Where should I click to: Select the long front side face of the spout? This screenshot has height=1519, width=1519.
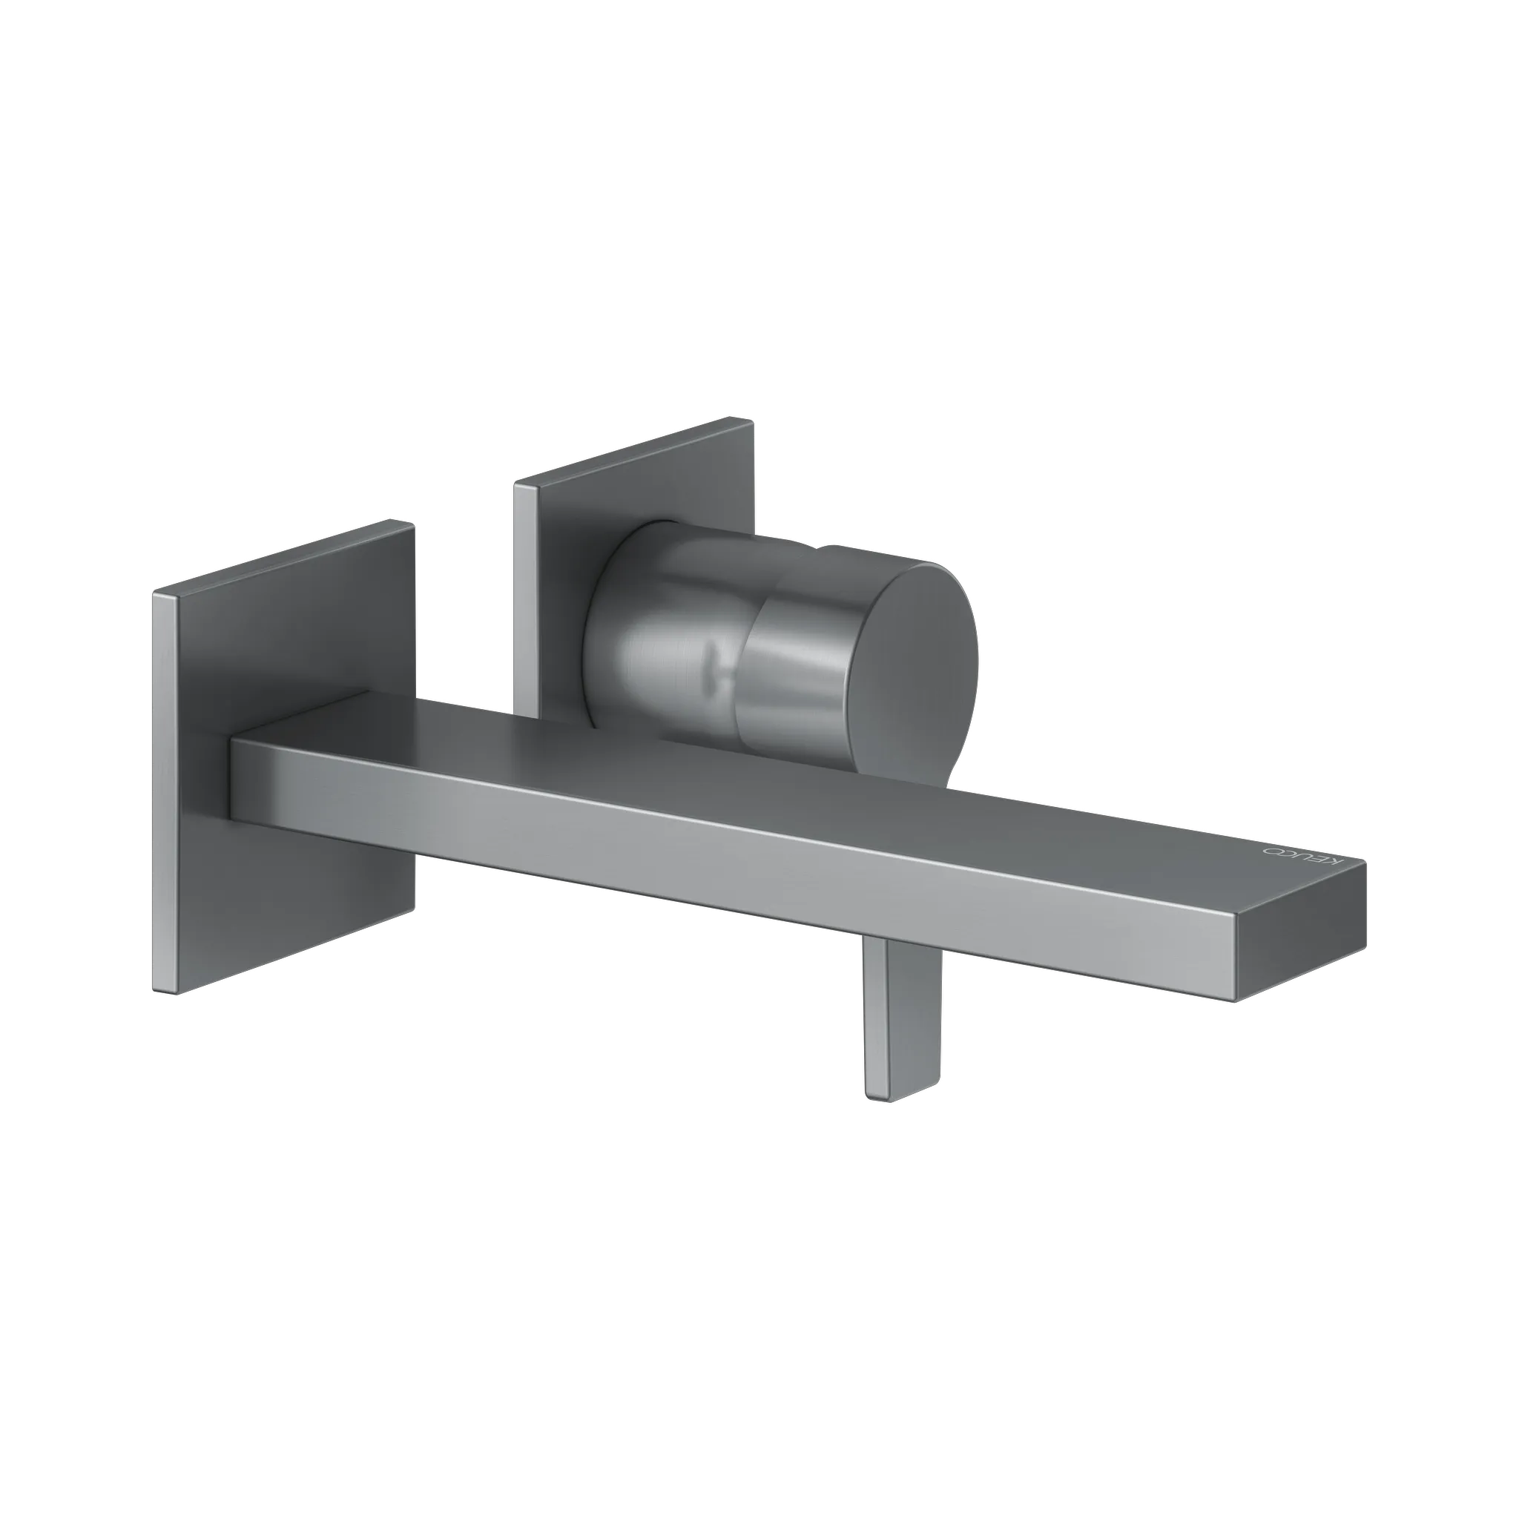pyautogui.click(x=708, y=846)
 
